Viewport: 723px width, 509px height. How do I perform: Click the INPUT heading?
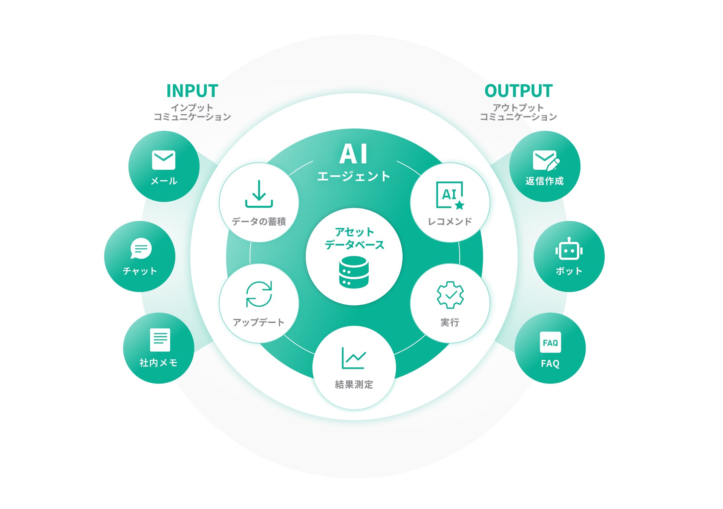tap(192, 91)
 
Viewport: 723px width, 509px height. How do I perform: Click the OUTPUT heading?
tap(518, 91)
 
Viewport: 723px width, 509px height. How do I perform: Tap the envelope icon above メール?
tap(164, 160)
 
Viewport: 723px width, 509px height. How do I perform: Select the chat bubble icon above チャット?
tap(141, 248)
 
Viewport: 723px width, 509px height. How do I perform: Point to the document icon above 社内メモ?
tap(160, 340)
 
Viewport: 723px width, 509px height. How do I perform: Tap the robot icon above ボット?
tap(569, 249)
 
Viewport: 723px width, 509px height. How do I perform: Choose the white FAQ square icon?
tap(550, 342)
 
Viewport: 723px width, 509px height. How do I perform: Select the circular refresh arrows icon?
tap(259, 294)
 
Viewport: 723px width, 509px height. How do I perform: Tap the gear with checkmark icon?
tap(450, 294)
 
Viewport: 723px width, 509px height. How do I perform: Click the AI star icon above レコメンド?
tap(450, 195)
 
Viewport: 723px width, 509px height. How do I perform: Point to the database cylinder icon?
tap(354, 272)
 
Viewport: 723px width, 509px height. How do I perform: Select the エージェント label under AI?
tap(354, 176)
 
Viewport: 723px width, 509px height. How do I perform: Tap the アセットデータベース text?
tap(354, 238)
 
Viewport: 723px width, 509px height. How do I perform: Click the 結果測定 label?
tap(354, 385)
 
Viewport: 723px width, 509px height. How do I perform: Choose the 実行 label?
tap(450, 322)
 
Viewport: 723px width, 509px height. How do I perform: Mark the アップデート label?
tap(259, 322)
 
